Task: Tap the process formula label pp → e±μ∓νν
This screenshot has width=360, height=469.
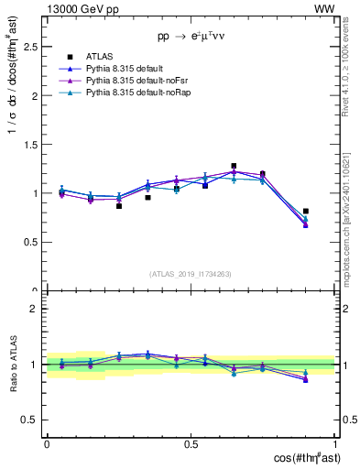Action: click(191, 36)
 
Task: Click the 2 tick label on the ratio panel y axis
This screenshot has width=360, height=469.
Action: click(33, 309)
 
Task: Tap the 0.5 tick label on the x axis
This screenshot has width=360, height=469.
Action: click(191, 443)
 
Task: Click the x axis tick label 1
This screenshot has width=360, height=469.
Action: click(335, 443)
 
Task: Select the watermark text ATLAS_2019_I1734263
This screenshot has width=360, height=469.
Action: click(191, 274)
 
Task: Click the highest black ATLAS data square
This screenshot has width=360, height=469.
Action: click(234, 166)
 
